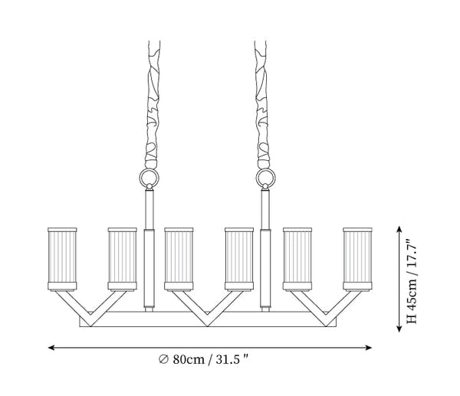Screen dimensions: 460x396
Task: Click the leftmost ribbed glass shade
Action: click(62, 259)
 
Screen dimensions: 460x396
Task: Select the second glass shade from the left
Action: click(123, 259)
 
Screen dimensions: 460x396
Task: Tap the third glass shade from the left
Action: click(179, 259)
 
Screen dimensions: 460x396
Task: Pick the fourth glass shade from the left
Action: click(239, 259)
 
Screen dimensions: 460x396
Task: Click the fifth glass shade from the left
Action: click(297, 259)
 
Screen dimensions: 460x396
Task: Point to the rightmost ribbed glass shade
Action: click(357, 259)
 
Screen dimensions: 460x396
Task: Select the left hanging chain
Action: click(153, 105)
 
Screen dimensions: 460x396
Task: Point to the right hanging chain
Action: click(261, 105)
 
